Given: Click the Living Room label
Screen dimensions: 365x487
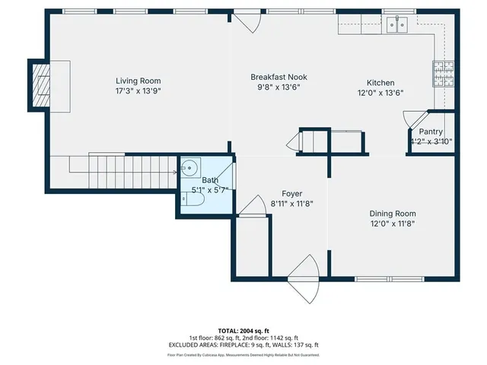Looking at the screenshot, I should click(138, 81).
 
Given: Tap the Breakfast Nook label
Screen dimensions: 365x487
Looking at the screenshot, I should click(279, 77).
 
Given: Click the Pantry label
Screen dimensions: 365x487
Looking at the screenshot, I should click(431, 132).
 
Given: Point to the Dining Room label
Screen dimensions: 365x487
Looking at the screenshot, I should click(392, 214).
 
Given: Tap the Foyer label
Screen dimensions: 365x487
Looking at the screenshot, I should click(292, 193).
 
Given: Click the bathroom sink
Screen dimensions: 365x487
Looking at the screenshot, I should click(190, 168).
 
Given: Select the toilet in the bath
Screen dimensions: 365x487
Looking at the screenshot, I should click(191, 200).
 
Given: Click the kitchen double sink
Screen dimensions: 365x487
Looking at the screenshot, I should click(396, 26).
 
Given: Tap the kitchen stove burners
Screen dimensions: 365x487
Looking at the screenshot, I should click(442, 73).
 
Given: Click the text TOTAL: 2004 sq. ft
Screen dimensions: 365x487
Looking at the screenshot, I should click(243, 331).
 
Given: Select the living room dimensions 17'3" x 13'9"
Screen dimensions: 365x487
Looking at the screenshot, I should click(138, 90).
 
